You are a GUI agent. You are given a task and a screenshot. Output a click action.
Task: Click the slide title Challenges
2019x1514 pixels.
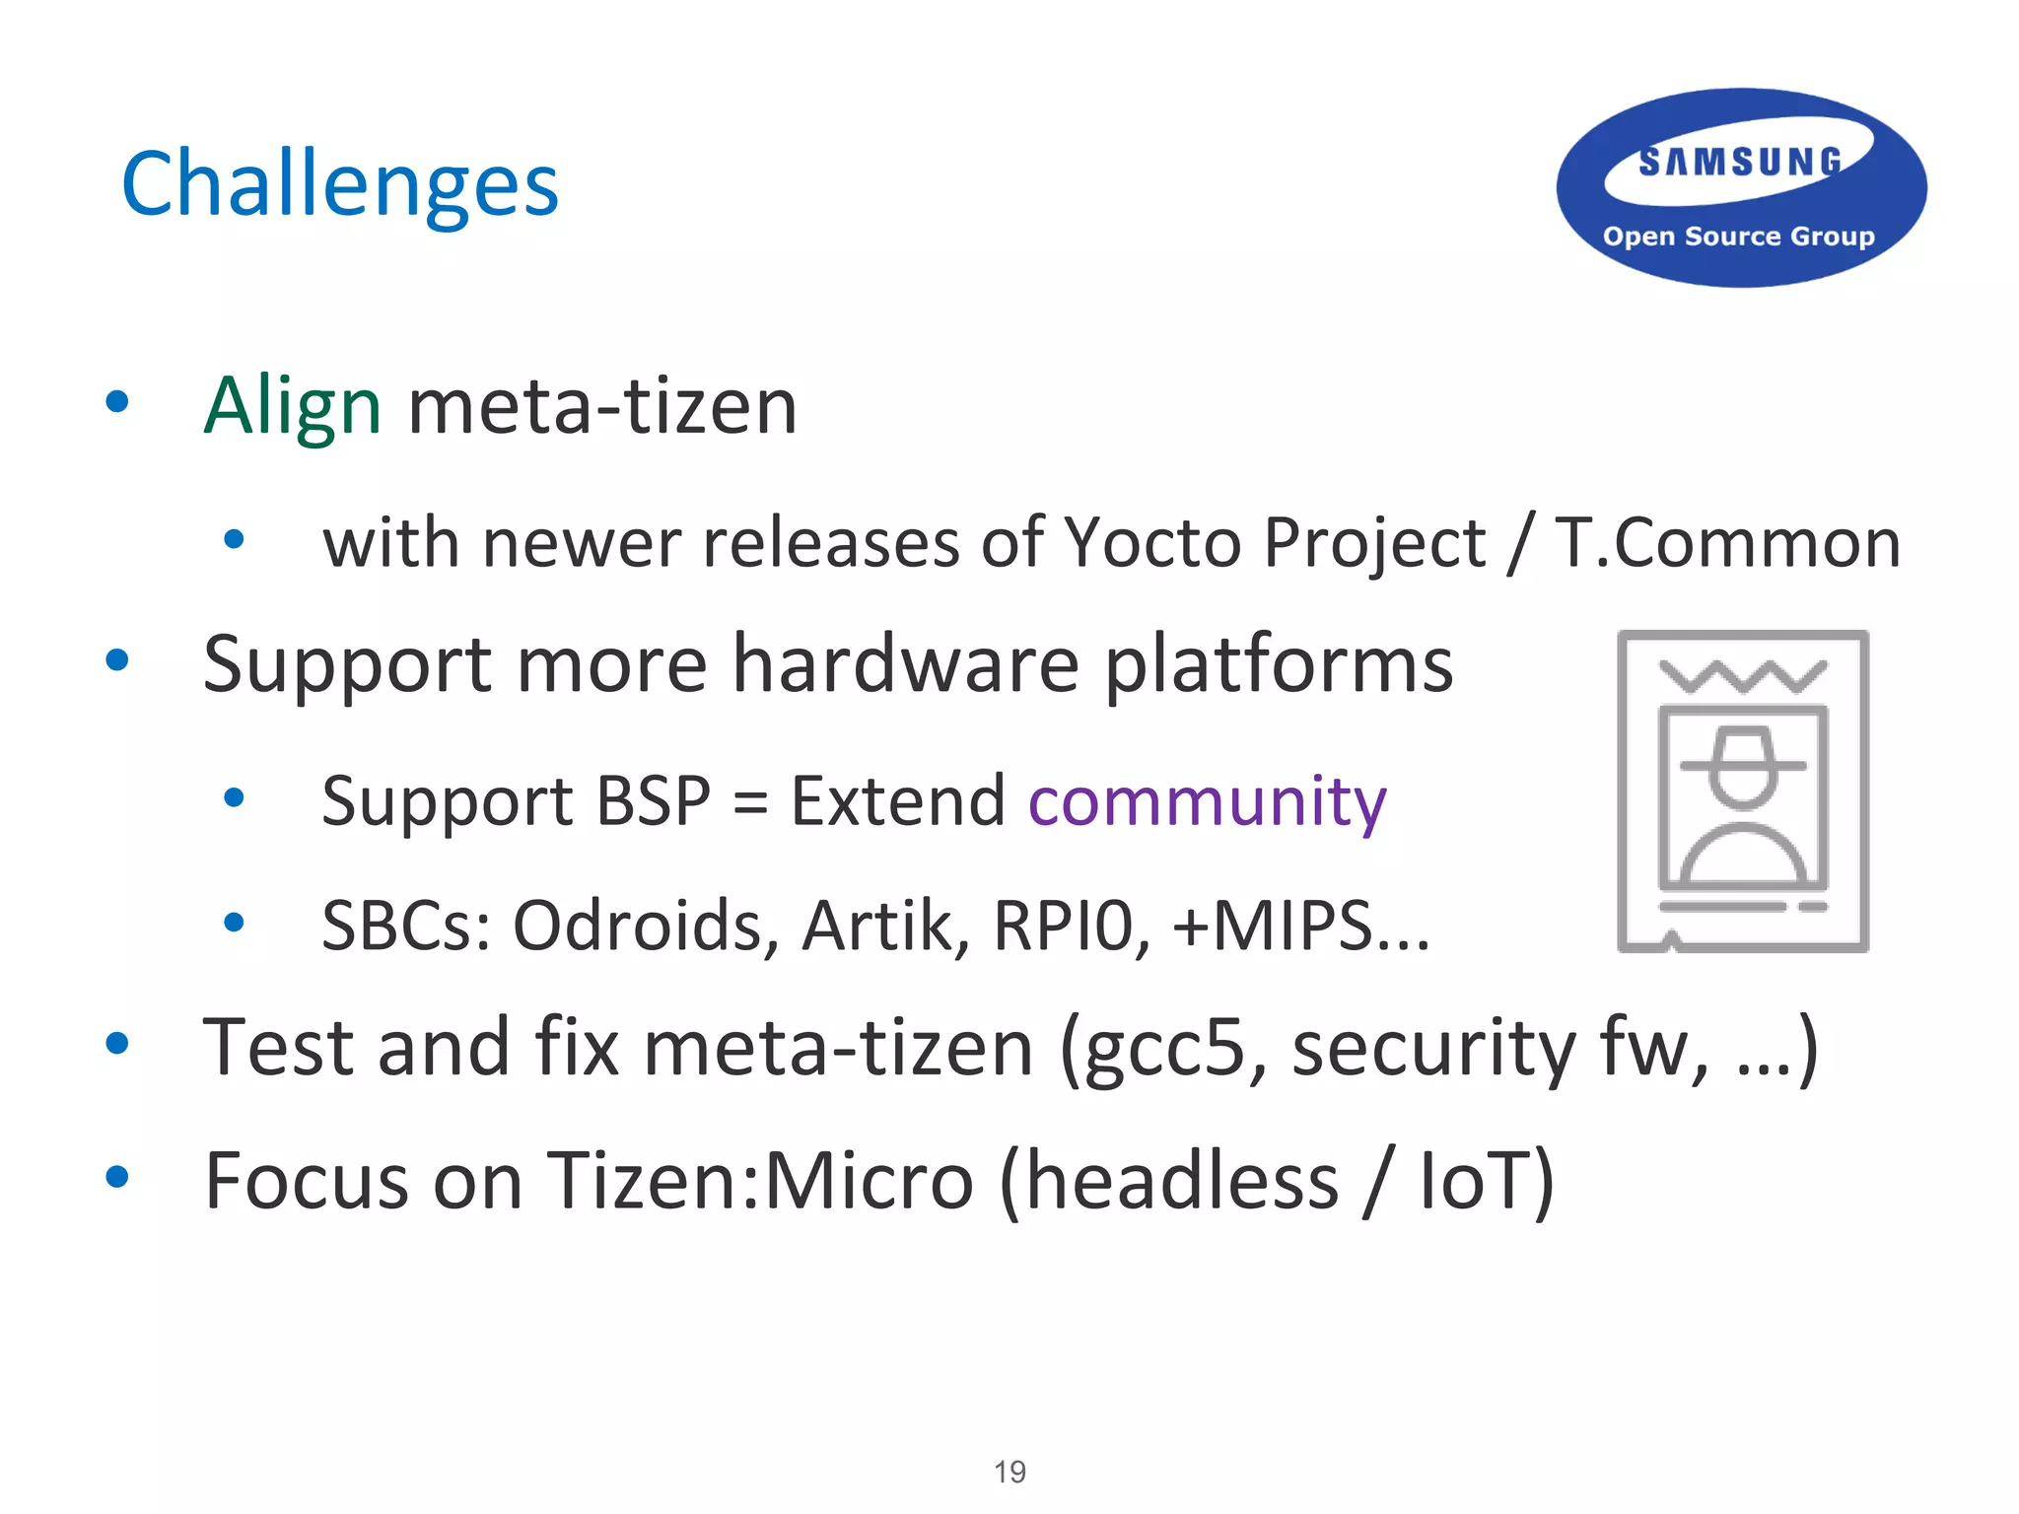339,184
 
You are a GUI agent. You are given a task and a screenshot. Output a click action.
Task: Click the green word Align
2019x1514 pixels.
292,406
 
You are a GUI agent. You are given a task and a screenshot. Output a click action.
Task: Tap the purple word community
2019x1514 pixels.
1207,801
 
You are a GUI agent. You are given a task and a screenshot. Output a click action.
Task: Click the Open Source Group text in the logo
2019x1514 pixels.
1738,237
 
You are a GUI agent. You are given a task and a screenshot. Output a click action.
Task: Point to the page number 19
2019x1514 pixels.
1009,1472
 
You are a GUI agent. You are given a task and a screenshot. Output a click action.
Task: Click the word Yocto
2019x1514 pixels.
1152,543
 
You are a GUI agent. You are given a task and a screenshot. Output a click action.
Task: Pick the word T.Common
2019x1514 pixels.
1727,543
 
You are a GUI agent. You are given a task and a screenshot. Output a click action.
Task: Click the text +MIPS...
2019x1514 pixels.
1273,927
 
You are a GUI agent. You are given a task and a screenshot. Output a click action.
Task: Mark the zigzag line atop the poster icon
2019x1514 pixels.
1743,676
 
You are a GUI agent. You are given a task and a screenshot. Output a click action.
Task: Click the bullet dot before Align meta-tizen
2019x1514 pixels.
117,401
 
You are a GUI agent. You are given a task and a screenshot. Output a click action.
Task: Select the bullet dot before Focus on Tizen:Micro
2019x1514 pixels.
117,1176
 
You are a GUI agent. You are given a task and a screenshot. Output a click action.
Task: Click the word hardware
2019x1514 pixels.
906,664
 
